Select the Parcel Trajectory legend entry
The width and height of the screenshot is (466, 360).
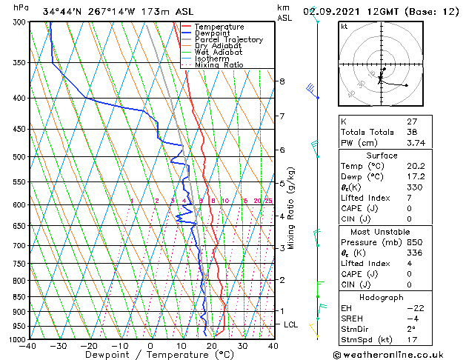(x=228, y=39)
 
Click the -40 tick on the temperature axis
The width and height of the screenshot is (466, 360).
(x=29, y=345)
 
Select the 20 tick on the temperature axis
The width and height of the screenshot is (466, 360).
(x=211, y=345)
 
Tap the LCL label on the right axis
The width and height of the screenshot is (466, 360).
(x=292, y=324)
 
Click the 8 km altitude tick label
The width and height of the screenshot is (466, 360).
(x=282, y=81)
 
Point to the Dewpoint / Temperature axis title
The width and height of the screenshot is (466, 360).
(x=149, y=355)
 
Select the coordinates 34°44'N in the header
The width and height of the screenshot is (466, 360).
(x=63, y=11)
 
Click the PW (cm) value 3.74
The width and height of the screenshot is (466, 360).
(x=416, y=144)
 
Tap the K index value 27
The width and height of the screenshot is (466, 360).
(x=411, y=121)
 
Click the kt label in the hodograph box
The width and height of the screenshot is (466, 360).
(x=344, y=27)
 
